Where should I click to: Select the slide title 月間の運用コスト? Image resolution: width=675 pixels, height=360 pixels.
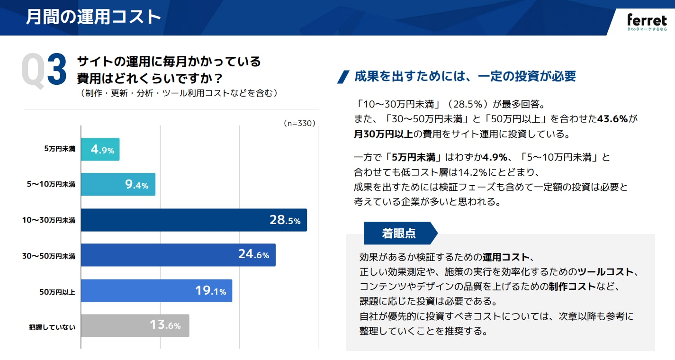pos(93,17)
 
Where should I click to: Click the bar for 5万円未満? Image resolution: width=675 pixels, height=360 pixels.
pos(100,149)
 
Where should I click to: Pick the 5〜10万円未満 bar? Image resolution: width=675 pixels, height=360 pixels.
pos(118,185)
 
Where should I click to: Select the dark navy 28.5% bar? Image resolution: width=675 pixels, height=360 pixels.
pos(194,220)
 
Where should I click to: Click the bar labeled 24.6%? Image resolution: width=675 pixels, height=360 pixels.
pos(178,255)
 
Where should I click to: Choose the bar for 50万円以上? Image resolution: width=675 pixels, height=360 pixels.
pos(156,290)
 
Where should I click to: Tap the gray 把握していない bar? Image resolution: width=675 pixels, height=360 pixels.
pos(135,325)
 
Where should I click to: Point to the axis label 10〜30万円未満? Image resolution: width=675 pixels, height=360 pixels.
pos(49,221)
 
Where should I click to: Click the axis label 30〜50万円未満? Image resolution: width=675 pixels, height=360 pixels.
pos(49,256)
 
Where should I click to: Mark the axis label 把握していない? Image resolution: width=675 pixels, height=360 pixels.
pos(52,327)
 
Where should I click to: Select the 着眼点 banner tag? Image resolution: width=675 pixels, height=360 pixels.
pos(399,233)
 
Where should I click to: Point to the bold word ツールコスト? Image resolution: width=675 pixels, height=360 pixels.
pos(605,272)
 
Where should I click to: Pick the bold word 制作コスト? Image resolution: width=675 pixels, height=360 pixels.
pos(572,287)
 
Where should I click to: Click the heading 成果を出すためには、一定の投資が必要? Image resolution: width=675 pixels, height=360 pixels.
pos(465,76)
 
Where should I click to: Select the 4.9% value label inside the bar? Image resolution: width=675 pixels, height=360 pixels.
pos(103,150)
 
